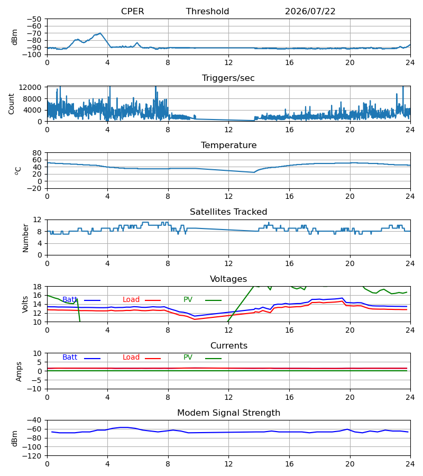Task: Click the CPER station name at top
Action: pyautogui.click(x=132, y=11)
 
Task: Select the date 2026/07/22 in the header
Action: pyautogui.click(x=310, y=11)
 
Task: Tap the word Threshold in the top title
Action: pyautogui.click(x=208, y=11)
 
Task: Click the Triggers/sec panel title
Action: pyautogui.click(x=228, y=78)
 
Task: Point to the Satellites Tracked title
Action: pyautogui.click(x=228, y=212)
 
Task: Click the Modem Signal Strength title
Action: pyautogui.click(x=228, y=413)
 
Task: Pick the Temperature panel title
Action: pyautogui.click(x=228, y=145)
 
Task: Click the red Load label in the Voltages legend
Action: pyautogui.click(x=131, y=300)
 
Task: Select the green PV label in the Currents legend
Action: pyautogui.click(x=188, y=358)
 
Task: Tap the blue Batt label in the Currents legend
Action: pyautogui.click(x=70, y=358)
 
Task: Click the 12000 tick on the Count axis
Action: pyautogui.click(x=30, y=87)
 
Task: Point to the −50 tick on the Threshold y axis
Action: pyautogui.click(x=34, y=19)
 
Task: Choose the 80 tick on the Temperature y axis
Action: pyautogui.click(x=37, y=153)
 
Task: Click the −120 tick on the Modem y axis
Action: pyautogui.click(x=32, y=456)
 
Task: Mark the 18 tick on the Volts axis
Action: pyautogui.click(x=38, y=287)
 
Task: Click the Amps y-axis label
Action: pyautogui.click(x=19, y=372)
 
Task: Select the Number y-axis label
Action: pyautogui.click(x=25, y=239)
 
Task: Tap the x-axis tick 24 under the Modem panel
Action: pyautogui.click(x=410, y=464)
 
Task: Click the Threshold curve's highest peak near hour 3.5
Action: pyautogui.click(x=100, y=33)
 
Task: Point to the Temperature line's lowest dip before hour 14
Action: pyautogui.click(x=254, y=172)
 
